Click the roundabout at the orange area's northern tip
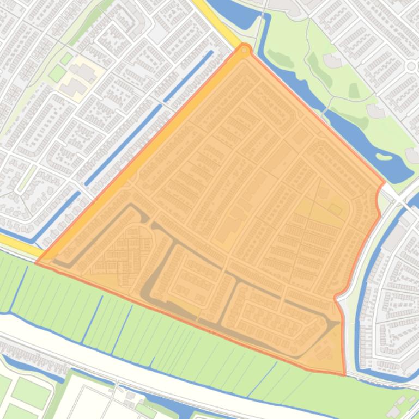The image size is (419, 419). (245, 51)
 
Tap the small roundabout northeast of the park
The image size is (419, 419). (411, 66)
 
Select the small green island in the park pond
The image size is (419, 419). (384, 157)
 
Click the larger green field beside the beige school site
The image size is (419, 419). (57, 73)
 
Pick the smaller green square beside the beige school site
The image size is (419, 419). (66, 58)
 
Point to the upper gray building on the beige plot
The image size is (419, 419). (83, 71)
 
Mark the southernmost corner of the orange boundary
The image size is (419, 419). (344, 375)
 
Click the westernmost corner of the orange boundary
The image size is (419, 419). (37, 263)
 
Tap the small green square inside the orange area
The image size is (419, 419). (335, 209)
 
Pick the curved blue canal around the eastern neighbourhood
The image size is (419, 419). (362, 305)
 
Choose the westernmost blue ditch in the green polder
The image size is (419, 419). (19, 283)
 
